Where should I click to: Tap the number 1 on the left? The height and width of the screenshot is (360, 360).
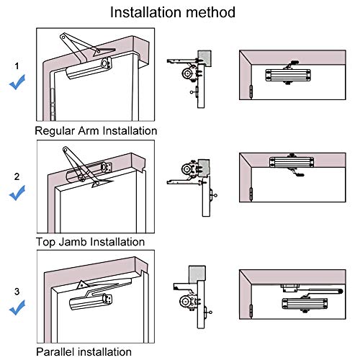17,66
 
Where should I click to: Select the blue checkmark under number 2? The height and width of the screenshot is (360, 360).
17,192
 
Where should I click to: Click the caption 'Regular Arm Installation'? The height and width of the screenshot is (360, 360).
96,132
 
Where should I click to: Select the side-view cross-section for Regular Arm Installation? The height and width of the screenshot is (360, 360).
190,76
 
